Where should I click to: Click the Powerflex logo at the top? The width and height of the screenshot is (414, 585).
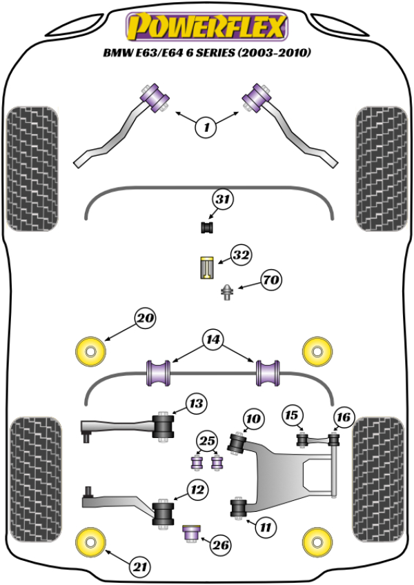click(206, 28)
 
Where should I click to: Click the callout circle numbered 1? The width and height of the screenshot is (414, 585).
click(206, 126)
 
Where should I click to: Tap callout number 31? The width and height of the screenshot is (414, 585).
click(222, 201)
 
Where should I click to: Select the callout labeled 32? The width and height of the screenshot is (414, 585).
click(241, 255)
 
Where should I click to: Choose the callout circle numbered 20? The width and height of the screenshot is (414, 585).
click(146, 319)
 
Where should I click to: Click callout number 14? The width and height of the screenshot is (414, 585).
click(213, 339)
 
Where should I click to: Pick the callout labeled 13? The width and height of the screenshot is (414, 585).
click(197, 403)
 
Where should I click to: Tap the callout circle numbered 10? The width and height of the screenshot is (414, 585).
click(253, 418)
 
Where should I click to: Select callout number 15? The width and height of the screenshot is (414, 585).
click(293, 415)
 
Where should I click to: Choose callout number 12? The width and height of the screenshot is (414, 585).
click(197, 490)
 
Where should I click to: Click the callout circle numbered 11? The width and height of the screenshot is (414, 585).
click(264, 528)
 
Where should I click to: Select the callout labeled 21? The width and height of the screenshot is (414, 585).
click(141, 567)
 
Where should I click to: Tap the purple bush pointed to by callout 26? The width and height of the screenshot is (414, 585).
click(191, 533)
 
